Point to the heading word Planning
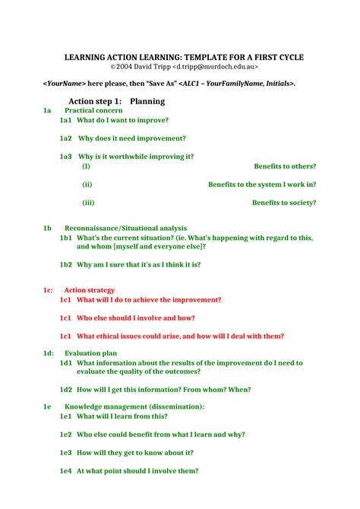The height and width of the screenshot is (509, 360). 147,101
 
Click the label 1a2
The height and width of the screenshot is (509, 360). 65,138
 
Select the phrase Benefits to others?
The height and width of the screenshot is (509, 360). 285,166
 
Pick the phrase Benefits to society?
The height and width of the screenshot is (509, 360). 284,203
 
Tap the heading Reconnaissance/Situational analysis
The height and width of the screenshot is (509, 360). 125,228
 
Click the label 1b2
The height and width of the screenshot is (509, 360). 65,264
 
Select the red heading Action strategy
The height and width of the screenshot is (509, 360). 90,290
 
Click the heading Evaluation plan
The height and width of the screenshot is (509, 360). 90,353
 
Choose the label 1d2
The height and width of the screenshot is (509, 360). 65,390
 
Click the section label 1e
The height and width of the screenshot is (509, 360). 47,407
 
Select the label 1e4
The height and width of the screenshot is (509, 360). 65,471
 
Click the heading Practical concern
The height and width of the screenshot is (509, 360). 93,111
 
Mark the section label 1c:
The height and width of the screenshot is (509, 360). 48,290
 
